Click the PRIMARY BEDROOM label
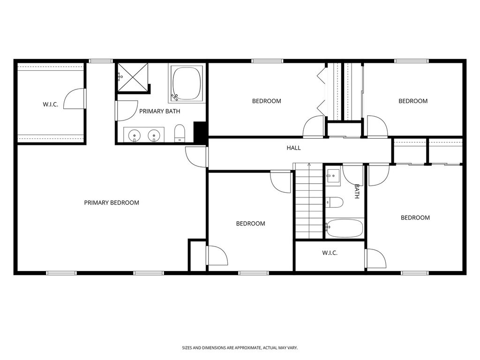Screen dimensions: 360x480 tap(112, 202)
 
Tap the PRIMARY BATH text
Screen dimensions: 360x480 tap(159, 111)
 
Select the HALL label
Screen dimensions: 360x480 tap(293, 148)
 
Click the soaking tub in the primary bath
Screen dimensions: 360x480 tap(186, 83)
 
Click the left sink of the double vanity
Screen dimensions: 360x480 tap(135, 135)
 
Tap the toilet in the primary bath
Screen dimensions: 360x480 tap(180, 133)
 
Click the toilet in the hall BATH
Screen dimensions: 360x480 tap(335, 202)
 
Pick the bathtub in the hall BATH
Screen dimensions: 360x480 tap(345, 228)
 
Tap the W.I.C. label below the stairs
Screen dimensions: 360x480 tap(330, 253)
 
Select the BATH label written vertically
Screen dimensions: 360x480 tap(357, 191)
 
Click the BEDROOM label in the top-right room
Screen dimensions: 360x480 tap(413, 101)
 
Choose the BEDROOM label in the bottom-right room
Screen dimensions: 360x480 tap(415, 217)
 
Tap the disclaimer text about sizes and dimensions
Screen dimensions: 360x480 tap(240, 348)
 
